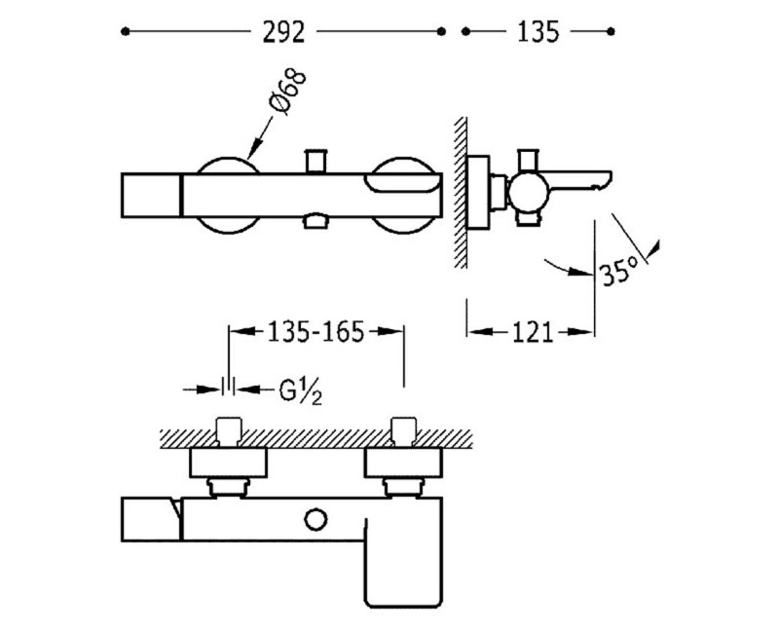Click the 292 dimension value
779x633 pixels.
tap(283, 32)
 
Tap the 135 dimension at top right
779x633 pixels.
tap(538, 32)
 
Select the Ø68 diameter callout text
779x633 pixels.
tap(287, 93)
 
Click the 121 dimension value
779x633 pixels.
tap(533, 332)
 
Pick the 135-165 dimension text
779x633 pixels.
tap(315, 332)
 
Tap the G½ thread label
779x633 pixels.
tap(300, 392)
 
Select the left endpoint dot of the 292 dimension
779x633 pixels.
tap(126, 32)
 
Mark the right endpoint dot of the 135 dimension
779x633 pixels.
tap(611, 32)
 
